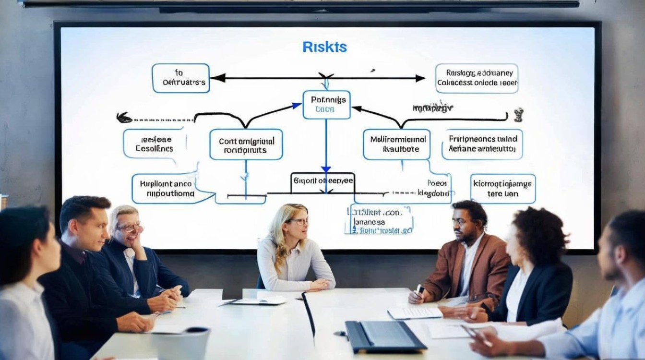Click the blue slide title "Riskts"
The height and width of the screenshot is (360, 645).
[324, 47]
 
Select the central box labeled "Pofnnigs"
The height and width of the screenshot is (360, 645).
[326, 105]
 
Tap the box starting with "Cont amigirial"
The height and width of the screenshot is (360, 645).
[246, 144]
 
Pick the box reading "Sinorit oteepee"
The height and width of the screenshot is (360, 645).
[322, 181]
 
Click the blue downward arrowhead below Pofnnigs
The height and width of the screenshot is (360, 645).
[326, 169]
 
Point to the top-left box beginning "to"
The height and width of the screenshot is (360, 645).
[181, 78]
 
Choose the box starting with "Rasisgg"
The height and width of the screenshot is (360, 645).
[477, 78]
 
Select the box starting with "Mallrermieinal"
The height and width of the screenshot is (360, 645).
[396, 144]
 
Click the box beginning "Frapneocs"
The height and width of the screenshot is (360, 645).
[482, 144]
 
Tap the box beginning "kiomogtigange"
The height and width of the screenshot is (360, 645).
[502, 188]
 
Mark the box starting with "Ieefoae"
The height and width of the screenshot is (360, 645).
[154, 144]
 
